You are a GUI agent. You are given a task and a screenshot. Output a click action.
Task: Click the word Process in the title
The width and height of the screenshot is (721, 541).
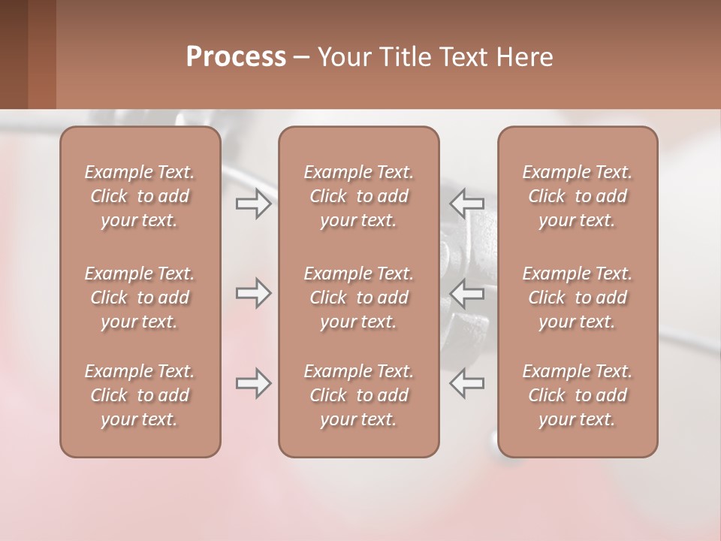(236, 57)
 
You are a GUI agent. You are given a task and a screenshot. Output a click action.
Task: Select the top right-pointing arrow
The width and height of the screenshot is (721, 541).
(253, 204)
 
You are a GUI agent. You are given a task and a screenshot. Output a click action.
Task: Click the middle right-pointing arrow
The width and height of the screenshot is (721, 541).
(253, 293)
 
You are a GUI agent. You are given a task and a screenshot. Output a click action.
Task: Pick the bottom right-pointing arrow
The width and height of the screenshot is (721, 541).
(253, 383)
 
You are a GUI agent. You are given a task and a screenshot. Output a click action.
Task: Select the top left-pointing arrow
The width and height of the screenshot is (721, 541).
(466, 203)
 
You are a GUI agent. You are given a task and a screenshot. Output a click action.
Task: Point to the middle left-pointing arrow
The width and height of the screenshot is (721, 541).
(466, 293)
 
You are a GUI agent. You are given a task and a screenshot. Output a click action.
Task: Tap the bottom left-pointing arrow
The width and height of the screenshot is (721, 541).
(466, 382)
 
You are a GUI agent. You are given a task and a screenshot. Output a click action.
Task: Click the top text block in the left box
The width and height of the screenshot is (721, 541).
(140, 196)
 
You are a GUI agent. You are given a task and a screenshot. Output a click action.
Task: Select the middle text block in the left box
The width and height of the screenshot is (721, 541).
(140, 298)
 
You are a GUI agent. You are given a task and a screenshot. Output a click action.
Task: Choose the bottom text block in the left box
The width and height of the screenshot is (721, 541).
(140, 395)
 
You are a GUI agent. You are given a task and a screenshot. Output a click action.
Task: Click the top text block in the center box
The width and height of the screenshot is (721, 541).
(358, 196)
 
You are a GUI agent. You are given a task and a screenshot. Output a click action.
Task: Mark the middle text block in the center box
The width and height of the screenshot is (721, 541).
(358, 298)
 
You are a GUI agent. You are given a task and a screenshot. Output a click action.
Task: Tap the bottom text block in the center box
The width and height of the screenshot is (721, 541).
(358, 395)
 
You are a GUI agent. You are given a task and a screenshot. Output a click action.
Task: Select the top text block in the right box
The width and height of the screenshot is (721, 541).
(578, 196)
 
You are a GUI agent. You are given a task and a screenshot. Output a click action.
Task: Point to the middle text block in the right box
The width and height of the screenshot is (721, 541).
(578, 298)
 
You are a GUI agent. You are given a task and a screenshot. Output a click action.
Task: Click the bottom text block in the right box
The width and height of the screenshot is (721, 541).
(578, 395)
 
